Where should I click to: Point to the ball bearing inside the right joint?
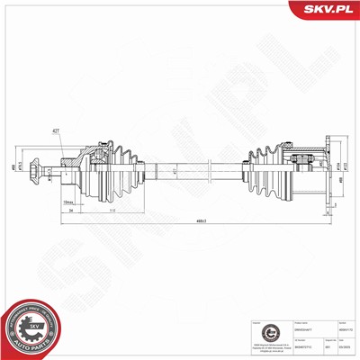pos(299,161)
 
